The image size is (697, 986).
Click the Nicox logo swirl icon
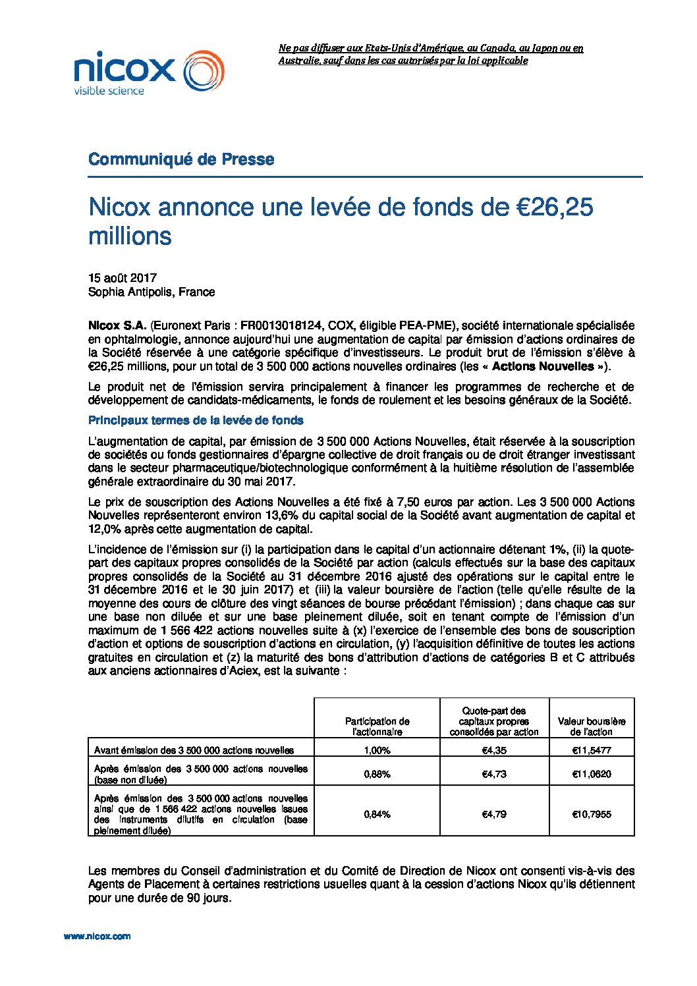(x=203, y=70)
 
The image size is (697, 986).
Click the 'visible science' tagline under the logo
(x=109, y=90)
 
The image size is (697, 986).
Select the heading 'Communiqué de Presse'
(x=181, y=159)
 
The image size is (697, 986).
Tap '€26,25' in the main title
(x=552, y=207)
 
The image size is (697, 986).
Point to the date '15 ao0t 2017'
(x=123, y=278)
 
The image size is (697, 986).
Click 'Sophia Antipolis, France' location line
(x=152, y=292)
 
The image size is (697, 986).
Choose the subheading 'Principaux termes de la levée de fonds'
(x=196, y=420)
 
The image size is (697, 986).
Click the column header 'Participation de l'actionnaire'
(x=377, y=726)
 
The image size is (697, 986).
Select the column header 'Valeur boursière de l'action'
(x=592, y=726)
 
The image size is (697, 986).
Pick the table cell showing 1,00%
(x=377, y=750)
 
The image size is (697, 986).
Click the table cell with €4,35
(x=494, y=750)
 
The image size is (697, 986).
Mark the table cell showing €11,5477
(x=592, y=750)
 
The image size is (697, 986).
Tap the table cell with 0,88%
(x=377, y=774)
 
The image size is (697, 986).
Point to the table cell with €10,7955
(x=592, y=814)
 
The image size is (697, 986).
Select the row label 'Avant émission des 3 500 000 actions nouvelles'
(x=194, y=750)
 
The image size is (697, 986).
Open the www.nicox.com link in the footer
(x=97, y=936)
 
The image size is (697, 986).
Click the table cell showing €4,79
(x=494, y=814)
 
